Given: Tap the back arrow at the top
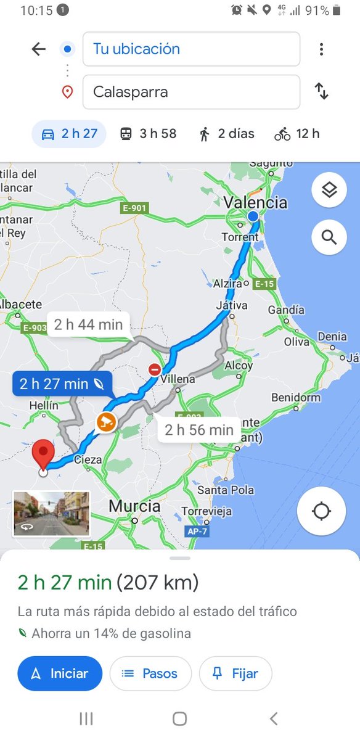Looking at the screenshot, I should pyautogui.click(x=39, y=49).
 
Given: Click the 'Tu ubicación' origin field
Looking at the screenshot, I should pyautogui.click(x=191, y=49).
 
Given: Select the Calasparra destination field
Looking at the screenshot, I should pyautogui.click(x=191, y=92).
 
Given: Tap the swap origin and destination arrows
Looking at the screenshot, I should pyautogui.click(x=322, y=92).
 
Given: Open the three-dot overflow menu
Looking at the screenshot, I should pyautogui.click(x=321, y=49).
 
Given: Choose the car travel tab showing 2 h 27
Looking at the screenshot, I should pyautogui.click(x=69, y=134).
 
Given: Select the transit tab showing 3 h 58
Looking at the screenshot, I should pyautogui.click(x=148, y=134).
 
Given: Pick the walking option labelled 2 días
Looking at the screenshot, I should pyautogui.click(x=226, y=134).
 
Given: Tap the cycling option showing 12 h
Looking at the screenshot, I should pyautogui.click(x=297, y=134).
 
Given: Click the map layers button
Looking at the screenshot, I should pyautogui.click(x=329, y=191).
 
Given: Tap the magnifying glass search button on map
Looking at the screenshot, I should pyautogui.click(x=329, y=237).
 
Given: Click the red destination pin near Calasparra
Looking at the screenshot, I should pyautogui.click(x=43, y=455).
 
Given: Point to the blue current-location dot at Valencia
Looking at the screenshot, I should pyautogui.click(x=253, y=216).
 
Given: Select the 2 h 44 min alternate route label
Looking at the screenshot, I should pyautogui.click(x=88, y=324).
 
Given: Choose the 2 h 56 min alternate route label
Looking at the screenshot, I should pyautogui.click(x=198, y=429).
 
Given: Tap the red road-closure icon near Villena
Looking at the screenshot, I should pyautogui.click(x=154, y=369).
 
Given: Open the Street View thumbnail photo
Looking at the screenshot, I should pyautogui.click(x=52, y=514).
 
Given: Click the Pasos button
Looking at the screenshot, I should pyautogui.click(x=150, y=674).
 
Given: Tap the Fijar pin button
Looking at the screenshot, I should pyautogui.click(x=235, y=674).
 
